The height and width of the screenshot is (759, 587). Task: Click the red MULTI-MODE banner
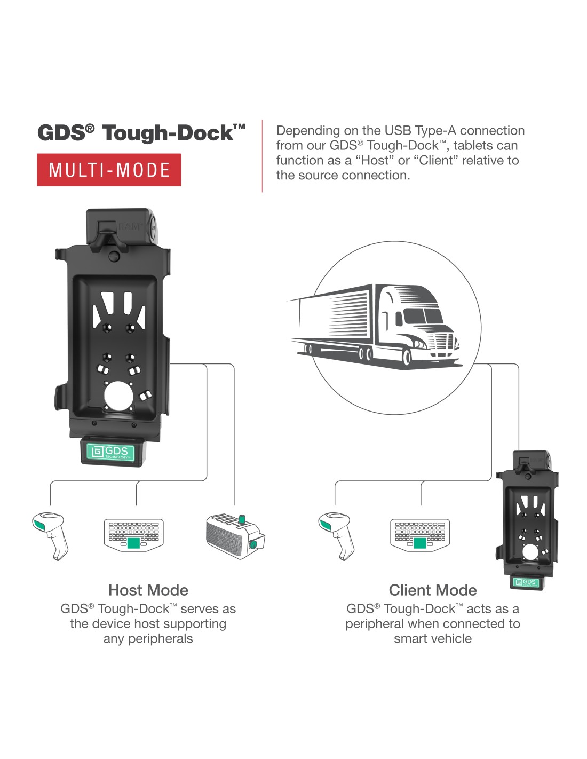(109, 170)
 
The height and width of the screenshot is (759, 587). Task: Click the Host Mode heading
(148, 590)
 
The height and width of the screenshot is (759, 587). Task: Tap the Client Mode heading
(433, 590)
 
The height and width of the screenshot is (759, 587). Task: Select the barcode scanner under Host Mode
(50, 536)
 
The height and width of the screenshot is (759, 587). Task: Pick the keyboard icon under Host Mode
(134, 535)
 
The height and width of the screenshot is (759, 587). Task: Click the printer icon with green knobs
(235, 536)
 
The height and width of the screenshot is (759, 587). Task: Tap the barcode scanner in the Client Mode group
(336, 536)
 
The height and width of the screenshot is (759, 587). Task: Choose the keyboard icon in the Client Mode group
(420, 535)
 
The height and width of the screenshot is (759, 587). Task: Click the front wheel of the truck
(407, 357)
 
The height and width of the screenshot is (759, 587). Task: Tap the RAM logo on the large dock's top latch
(130, 227)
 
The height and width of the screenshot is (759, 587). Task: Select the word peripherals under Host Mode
(160, 639)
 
